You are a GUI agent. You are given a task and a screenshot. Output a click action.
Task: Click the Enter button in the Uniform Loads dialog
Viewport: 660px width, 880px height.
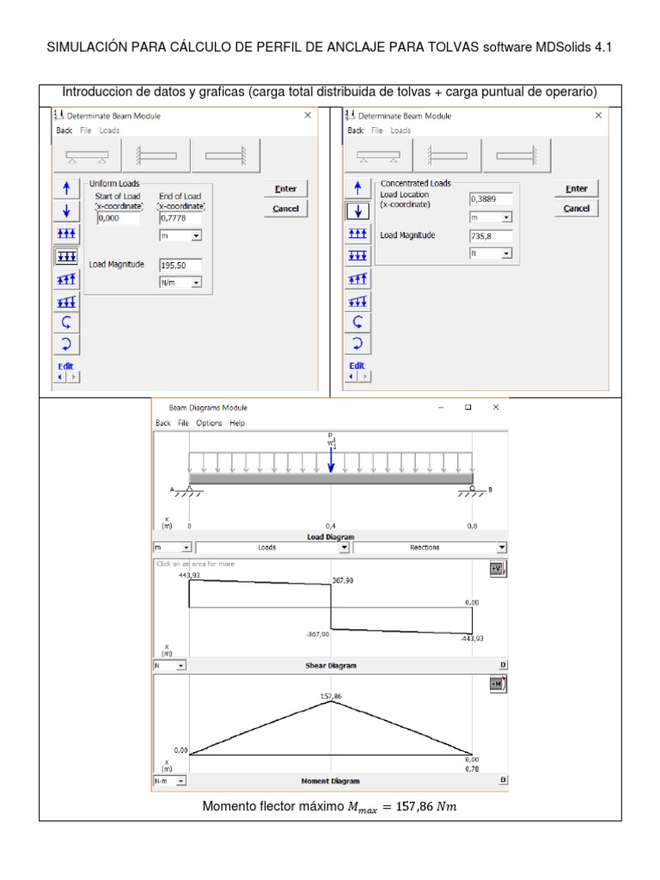(285, 189)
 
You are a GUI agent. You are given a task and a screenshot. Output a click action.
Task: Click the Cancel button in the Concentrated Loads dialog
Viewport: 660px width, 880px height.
(576, 209)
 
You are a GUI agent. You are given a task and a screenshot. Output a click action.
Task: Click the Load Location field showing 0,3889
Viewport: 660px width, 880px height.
(490, 199)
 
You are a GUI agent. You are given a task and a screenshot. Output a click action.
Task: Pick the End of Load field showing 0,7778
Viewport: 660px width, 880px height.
(180, 218)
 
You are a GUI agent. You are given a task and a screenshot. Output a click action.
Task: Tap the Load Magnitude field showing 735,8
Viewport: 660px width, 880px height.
(490, 236)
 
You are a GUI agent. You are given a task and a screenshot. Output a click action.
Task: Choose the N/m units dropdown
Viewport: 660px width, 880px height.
(180, 283)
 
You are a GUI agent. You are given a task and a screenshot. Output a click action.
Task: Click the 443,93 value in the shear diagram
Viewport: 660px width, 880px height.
(188, 574)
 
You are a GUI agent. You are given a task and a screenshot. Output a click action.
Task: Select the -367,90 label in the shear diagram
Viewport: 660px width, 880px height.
(317, 634)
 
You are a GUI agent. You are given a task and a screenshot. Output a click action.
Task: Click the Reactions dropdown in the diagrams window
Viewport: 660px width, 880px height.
(430, 547)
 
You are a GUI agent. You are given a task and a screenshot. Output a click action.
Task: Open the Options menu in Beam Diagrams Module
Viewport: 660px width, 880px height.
(209, 423)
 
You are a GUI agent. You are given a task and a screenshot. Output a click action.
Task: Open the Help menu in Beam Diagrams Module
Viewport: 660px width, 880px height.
(237, 423)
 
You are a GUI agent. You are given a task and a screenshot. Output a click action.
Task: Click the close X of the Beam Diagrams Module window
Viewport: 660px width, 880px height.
(495, 407)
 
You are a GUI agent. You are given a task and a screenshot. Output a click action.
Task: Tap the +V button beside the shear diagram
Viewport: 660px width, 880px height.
(497, 570)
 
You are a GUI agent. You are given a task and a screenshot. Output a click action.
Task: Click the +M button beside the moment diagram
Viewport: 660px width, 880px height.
(497, 685)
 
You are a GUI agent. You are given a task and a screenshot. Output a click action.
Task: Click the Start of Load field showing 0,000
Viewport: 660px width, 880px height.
(117, 218)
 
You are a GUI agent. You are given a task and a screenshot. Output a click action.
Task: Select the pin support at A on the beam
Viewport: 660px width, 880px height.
(189, 490)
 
